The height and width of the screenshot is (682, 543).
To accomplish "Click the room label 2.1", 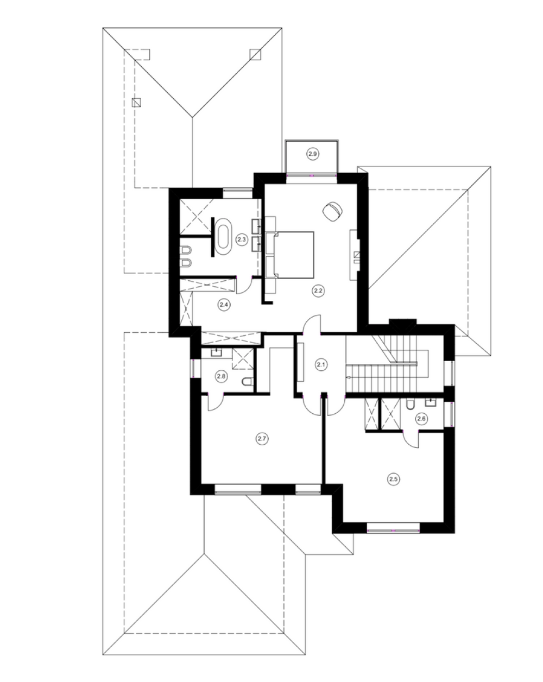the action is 321,364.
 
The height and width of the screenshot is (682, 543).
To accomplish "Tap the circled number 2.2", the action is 318,291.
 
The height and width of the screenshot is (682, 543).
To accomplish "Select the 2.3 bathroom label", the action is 242,239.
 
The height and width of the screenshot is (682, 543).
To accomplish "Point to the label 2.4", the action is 224,305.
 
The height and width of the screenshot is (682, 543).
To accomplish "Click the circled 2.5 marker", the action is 393,479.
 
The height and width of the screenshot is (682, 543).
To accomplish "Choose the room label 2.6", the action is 421,419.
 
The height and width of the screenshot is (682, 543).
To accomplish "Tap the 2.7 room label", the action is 262,439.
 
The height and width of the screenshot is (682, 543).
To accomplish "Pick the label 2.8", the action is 221,376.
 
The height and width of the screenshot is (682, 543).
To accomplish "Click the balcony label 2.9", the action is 312,154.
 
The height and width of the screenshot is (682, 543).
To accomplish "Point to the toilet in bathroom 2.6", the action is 410,405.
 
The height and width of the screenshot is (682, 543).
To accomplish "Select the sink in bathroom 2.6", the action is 431,402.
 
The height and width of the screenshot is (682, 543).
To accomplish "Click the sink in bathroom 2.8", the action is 217,352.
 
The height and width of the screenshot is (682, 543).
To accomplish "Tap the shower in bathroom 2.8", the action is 243,358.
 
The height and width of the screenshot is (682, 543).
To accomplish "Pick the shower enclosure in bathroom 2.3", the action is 196,217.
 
